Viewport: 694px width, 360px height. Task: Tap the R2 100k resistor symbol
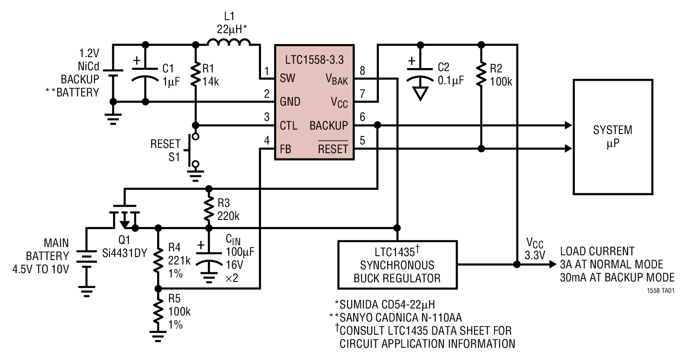481,74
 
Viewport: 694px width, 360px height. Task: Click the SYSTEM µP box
613,137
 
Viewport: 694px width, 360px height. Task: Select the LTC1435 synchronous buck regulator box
397,264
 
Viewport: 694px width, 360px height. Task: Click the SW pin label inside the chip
288,78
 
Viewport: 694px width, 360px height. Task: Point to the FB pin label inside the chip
285,149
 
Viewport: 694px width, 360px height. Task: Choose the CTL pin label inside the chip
289,126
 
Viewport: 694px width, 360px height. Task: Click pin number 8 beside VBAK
362,70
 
